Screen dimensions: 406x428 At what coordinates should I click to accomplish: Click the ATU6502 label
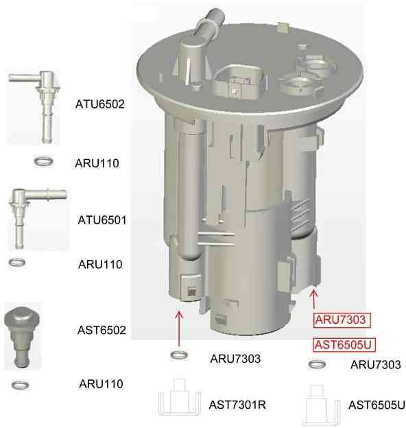point(100,104)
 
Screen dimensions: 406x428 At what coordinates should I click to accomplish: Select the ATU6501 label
point(102,220)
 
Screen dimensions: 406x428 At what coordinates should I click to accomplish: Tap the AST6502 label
point(101,330)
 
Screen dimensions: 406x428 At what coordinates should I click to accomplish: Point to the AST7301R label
point(237,405)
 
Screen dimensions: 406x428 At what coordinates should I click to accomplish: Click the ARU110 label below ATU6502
point(97,163)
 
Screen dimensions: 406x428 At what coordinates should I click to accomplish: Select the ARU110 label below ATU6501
point(100,264)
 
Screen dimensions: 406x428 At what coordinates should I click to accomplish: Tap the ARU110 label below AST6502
point(101,384)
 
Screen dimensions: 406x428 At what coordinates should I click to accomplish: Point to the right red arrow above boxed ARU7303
point(314,299)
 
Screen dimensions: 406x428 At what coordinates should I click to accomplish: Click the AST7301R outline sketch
point(179,397)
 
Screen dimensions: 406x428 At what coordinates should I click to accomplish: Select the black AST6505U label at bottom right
point(377,405)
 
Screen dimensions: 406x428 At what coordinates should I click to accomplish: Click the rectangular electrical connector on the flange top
point(238,82)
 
